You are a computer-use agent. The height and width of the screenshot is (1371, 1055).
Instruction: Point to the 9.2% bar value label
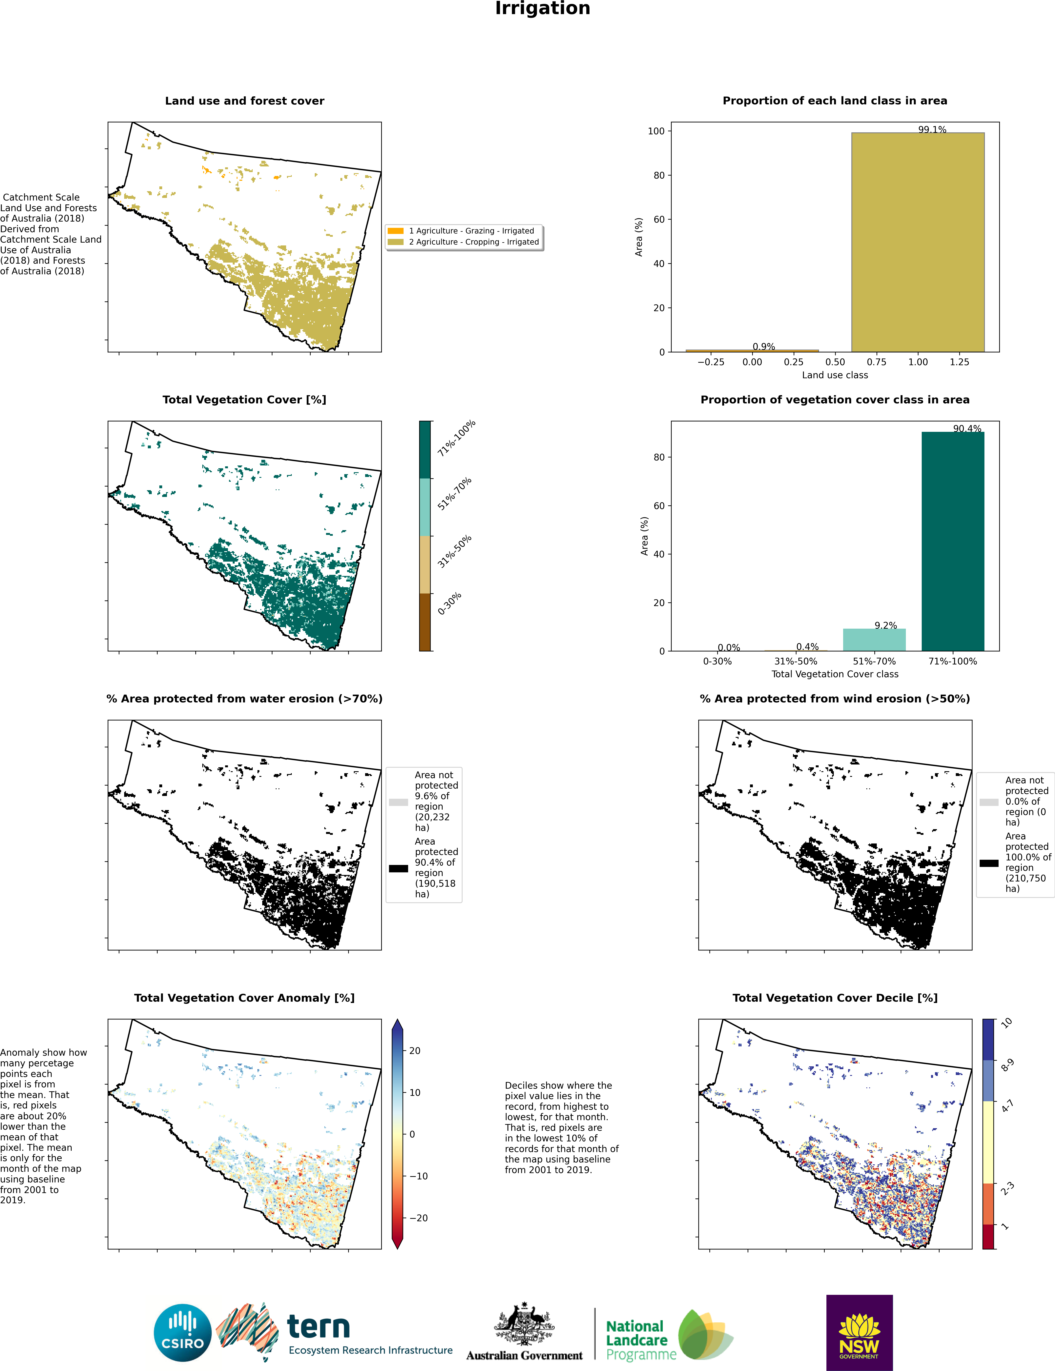point(885,625)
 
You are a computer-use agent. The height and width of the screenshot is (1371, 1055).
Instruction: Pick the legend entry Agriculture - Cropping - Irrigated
point(473,242)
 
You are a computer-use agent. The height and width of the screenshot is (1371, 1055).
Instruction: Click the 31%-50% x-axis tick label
point(796,661)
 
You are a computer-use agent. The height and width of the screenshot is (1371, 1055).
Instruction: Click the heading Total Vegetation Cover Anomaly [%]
point(244,998)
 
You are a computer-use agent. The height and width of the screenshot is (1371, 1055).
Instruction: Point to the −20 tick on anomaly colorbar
point(418,1218)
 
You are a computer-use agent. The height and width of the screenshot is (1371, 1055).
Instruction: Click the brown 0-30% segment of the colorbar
point(425,621)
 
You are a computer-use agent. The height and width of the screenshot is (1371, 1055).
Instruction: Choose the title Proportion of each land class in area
point(835,100)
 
